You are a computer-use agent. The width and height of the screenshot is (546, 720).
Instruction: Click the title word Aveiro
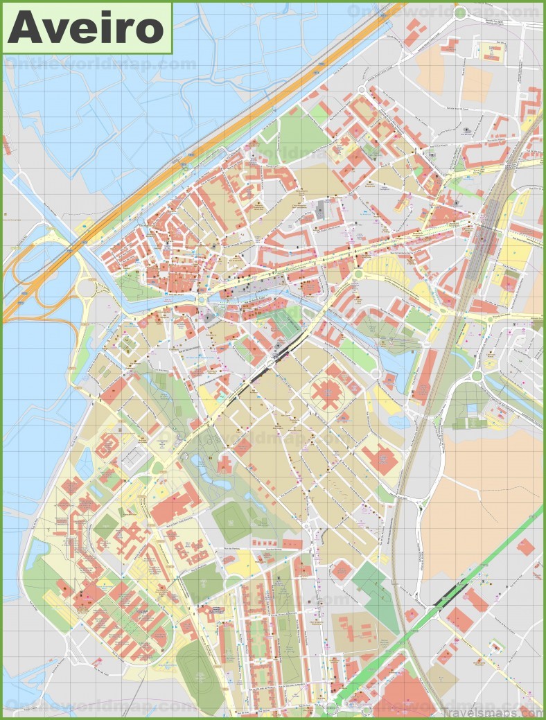point(86,28)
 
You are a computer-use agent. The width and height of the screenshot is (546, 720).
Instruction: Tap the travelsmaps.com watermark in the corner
point(495,711)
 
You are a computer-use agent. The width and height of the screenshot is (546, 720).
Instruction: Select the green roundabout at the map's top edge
point(461,12)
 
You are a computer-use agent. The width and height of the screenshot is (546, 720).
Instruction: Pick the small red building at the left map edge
point(6,145)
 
